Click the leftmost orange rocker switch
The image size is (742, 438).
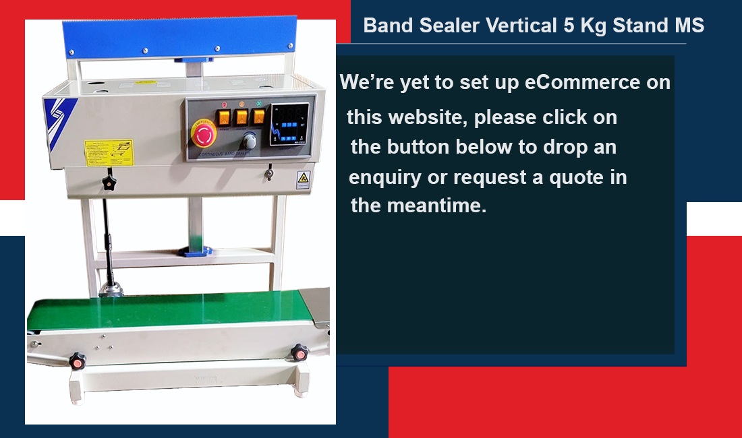pyautogui.click(x=224, y=117)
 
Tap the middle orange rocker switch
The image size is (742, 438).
pyautogui.click(x=241, y=117)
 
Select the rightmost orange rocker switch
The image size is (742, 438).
pyautogui.click(x=258, y=117)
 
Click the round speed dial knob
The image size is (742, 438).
pyautogui.click(x=250, y=141)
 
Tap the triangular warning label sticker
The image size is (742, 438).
pyautogui.click(x=303, y=179)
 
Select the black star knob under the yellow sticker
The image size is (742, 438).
pyautogui.click(x=107, y=183)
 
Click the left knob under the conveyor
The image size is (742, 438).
pyautogui.click(x=78, y=361)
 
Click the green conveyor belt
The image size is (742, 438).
pyautogui.click(x=169, y=311)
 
